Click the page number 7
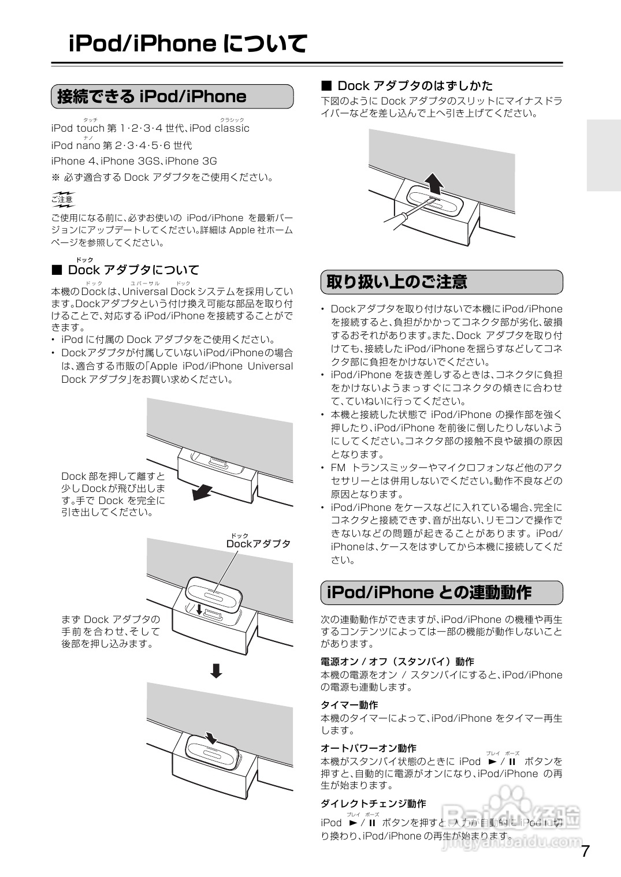[x=585, y=851]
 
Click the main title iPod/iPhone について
[x=187, y=44]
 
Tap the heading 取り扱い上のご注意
[x=397, y=282]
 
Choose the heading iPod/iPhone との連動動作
[x=429, y=592]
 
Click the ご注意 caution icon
[x=62, y=199]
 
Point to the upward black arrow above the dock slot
[x=434, y=182]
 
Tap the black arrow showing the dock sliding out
[x=203, y=491]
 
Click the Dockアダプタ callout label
[x=258, y=544]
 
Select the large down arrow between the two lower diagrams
[x=216, y=670]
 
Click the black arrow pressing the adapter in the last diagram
[x=211, y=737]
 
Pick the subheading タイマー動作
[x=349, y=705]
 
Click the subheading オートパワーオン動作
[x=368, y=748]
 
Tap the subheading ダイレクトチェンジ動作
[x=373, y=804]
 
